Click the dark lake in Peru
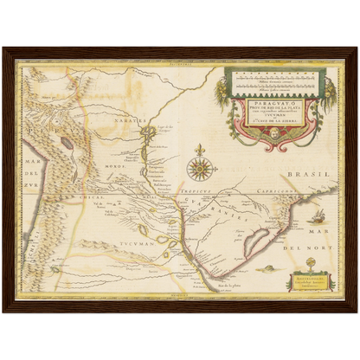tap(67, 139)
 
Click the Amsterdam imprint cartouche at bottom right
tap(309, 281)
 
